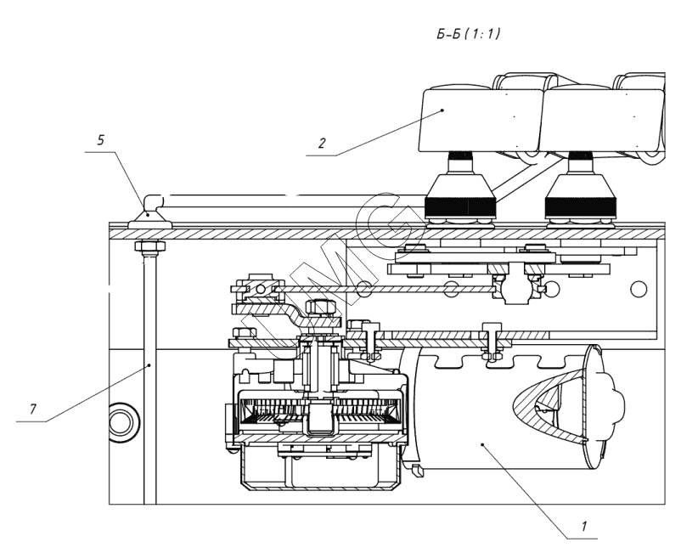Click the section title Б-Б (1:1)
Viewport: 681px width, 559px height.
(x=468, y=33)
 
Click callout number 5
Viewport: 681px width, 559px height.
(x=101, y=140)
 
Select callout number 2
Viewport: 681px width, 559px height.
(x=321, y=143)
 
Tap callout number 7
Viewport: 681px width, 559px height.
(x=33, y=409)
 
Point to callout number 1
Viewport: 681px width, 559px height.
(x=584, y=526)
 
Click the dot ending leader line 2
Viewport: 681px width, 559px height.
(x=442, y=110)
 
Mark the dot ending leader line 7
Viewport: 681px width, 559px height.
(x=149, y=365)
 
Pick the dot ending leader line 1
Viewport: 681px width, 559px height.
(x=482, y=444)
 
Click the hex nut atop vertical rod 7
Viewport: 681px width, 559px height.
(x=149, y=246)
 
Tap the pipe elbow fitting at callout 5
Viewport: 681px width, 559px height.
(x=152, y=203)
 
